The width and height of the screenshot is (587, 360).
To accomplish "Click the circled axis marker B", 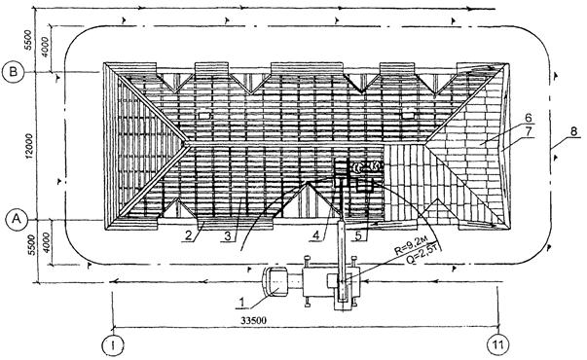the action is click(x=13, y=72).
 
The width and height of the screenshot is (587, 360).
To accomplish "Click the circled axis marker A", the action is click(x=17, y=219).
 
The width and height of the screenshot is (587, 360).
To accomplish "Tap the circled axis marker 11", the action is click(x=497, y=344).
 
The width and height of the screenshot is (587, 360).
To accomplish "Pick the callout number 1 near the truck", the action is click(x=242, y=302).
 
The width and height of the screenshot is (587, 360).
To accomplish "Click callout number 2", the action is click(x=188, y=235).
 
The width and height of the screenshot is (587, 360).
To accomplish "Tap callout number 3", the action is click(x=228, y=236).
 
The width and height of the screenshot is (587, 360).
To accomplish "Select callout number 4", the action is click(x=316, y=235).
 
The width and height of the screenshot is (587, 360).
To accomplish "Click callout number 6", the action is click(x=528, y=118).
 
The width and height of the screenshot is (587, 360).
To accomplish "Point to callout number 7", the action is click(x=529, y=131).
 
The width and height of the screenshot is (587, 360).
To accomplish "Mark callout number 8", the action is click(x=574, y=131).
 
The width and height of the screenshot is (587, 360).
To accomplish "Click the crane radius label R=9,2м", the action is click(x=409, y=247).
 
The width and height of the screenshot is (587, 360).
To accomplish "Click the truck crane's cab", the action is click(x=275, y=282).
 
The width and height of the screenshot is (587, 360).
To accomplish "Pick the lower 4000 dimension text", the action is click(x=46, y=243).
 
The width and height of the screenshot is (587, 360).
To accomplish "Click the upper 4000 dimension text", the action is click(x=46, y=47).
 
